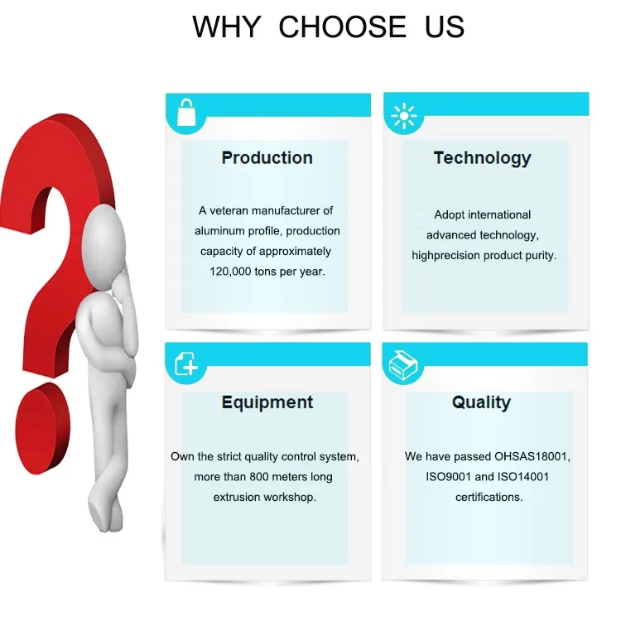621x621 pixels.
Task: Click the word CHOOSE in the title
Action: click(343, 27)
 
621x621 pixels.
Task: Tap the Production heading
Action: click(267, 157)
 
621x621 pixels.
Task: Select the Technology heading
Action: click(483, 158)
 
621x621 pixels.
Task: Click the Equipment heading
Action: click(267, 402)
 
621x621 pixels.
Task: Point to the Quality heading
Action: click(482, 402)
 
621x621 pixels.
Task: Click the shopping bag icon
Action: click(185, 113)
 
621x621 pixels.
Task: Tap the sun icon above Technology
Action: click(403, 116)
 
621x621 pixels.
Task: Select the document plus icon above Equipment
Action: click(186, 363)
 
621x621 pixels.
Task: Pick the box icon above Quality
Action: click(403, 365)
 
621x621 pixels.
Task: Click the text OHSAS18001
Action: click(532, 456)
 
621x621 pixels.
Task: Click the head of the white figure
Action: click(104, 247)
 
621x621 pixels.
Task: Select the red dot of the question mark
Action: click(42, 428)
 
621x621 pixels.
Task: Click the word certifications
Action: click(489, 497)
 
